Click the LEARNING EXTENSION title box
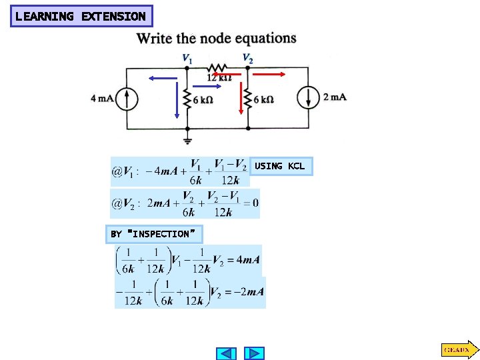tap(81, 16)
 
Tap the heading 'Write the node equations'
tap(217, 38)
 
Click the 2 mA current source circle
tap(309, 98)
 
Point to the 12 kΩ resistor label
tap(218, 78)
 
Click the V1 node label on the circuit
tap(188, 59)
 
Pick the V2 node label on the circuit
tap(247, 59)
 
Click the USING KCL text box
tap(279, 166)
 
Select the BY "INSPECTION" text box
tap(155, 234)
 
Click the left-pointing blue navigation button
tap(227, 353)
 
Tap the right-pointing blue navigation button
tap(254, 353)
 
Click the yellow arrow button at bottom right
tap(459, 349)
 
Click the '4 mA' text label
tap(103, 99)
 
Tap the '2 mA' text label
tap(335, 97)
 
